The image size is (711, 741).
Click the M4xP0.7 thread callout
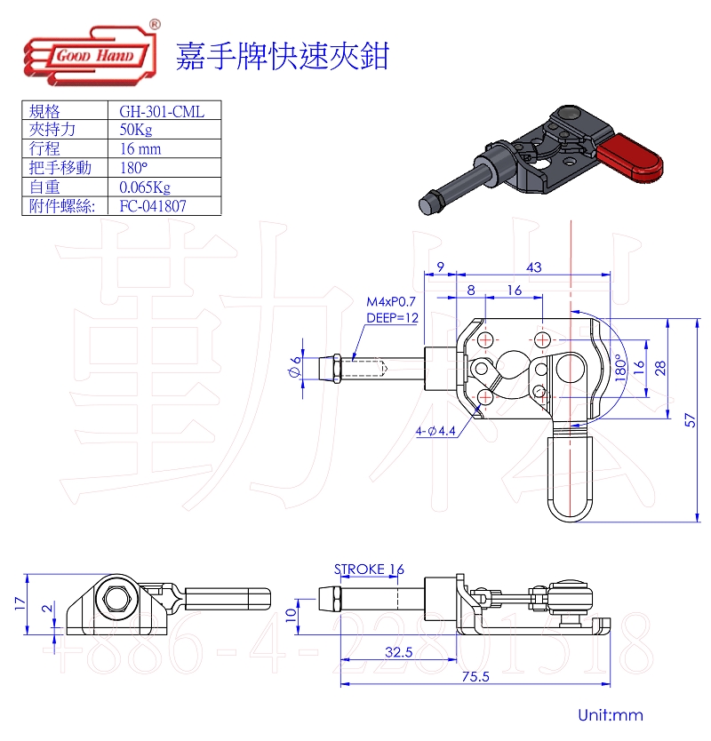[x=392, y=302]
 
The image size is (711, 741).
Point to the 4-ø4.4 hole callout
[x=435, y=431]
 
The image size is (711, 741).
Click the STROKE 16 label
[x=369, y=569]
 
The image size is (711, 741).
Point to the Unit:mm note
[x=610, y=715]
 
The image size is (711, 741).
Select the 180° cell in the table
[x=133, y=168]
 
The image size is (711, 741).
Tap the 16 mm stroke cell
[x=140, y=149]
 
